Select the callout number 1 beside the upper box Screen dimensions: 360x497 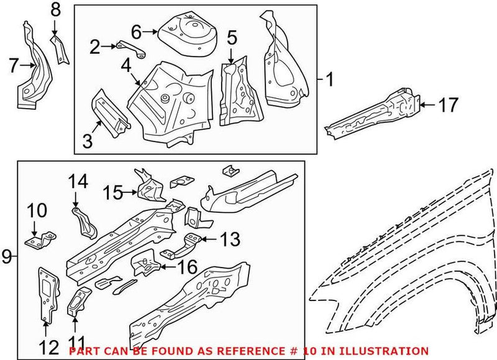[x=330, y=79]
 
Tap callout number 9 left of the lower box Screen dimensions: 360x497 [x=7, y=256]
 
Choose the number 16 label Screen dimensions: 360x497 [x=187, y=268]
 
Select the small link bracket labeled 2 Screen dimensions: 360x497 [x=127, y=47]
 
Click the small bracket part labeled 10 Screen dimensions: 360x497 [x=39, y=239]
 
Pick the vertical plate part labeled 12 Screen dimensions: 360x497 [x=47, y=295]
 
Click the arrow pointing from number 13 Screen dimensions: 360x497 [x=208, y=238]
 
